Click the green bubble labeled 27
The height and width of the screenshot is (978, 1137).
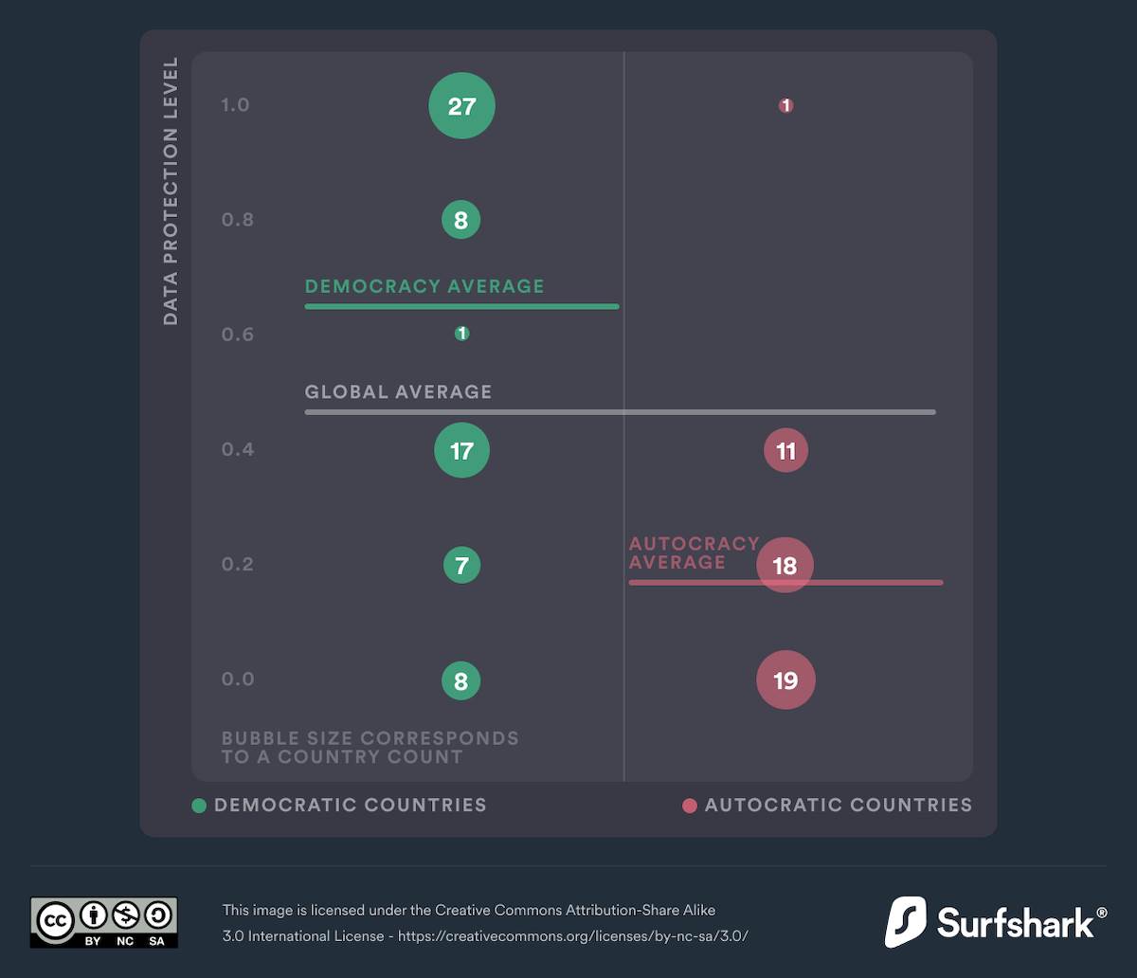pos(461,106)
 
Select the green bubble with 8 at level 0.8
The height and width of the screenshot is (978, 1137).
pos(461,221)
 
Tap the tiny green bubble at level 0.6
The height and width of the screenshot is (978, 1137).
pos(461,334)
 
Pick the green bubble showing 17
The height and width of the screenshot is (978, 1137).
pos(461,450)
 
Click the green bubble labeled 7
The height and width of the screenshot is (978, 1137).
pos(461,566)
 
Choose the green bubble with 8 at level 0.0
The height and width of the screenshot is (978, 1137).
pos(461,680)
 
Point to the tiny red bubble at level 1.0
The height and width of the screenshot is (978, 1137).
pos(785,105)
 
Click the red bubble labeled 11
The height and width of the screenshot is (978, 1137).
pos(785,451)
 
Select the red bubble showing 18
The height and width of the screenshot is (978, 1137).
pos(785,566)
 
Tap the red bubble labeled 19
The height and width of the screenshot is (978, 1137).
pos(785,680)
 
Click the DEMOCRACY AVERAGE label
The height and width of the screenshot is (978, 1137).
pos(424,286)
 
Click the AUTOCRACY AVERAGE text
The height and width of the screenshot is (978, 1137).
pos(693,552)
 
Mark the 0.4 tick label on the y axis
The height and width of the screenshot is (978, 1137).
pos(238,449)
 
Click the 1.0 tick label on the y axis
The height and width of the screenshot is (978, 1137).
pos(235,105)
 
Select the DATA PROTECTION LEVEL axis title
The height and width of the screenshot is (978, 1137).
pos(171,190)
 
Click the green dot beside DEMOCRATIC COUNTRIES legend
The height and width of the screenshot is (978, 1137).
pos(199,806)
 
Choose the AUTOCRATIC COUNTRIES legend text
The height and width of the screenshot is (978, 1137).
pos(838,806)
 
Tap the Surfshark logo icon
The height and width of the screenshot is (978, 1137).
pos(905,922)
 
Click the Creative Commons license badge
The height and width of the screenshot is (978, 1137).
pos(103,922)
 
